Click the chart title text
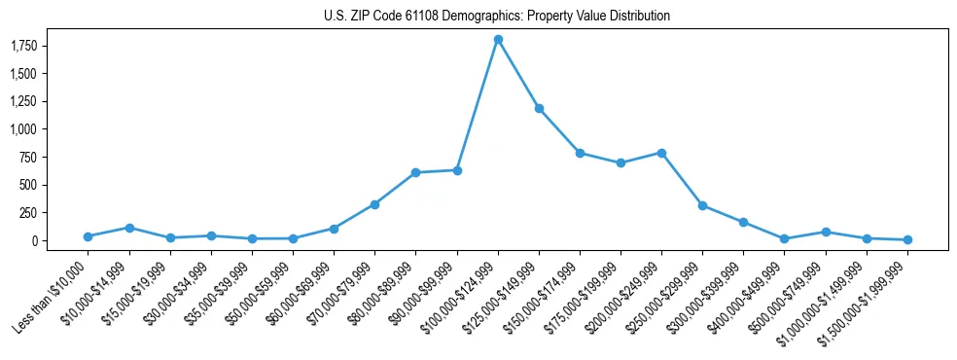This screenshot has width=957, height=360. [x=497, y=17]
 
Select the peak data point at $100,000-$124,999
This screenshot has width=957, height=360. [x=498, y=39]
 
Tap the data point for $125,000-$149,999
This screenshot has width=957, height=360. [x=539, y=108]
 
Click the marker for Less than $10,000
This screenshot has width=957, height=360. [x=89, y=236]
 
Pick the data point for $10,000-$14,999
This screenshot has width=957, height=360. [x=129, y=228]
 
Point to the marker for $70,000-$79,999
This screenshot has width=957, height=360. [x=374, y=204]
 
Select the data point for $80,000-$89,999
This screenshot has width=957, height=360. [x=415, y=172]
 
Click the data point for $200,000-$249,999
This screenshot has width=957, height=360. [x=661, y=153]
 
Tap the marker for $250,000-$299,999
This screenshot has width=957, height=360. [x=702, y=205]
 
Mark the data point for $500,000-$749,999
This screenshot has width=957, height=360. [x=826, y=232]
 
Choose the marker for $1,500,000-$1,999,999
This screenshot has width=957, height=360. [x=907, y=239]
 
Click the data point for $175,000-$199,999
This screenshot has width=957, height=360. [x=620, y=162]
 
